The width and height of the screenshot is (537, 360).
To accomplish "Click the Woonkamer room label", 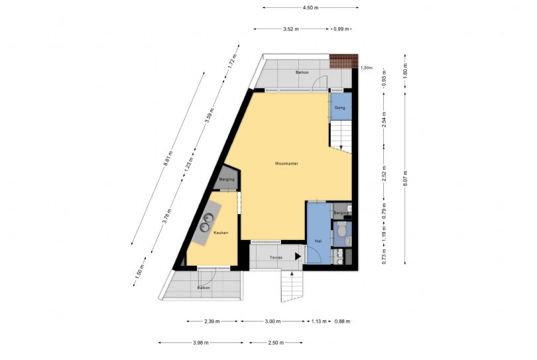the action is tap(286, 164).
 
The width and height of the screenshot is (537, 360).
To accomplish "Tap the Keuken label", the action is tap(221, 233).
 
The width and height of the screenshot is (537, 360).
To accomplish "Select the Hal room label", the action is tap(318, 241).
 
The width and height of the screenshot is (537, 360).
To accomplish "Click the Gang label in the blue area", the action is tap(339, 108).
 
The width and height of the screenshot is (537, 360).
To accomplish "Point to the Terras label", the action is tap(276, 258).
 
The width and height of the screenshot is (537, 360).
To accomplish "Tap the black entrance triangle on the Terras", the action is tap(298, 256).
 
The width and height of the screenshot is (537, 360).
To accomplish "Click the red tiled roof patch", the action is tap(343, 61).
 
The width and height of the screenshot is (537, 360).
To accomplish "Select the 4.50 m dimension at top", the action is tap(311, 7).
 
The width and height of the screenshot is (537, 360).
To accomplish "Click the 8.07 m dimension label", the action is tap(405, 178).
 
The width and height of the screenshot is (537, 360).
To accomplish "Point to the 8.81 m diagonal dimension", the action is tap(168, 158).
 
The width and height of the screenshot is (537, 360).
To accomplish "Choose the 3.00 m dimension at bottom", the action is tap(273, 322).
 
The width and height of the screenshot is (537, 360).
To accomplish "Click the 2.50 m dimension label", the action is tap(276, 343).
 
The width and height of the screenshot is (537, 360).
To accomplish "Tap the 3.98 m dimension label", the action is tap(201, 343).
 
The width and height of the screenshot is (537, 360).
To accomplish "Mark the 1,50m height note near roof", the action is tap(367, 68).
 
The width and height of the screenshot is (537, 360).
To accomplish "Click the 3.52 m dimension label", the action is tap(291, 29).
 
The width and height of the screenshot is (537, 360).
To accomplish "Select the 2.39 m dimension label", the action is tap(212, 322).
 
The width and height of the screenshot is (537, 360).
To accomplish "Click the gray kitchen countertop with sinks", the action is tap(206, 223).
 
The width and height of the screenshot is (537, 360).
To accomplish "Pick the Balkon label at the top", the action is tap(302, 73).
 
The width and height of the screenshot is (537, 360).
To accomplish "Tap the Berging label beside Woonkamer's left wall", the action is tap(227, 180).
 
